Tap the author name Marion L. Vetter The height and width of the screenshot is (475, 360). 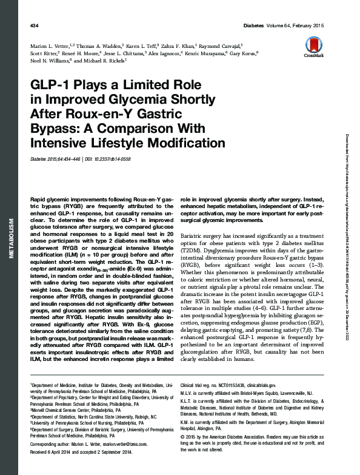tap(50, 46)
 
